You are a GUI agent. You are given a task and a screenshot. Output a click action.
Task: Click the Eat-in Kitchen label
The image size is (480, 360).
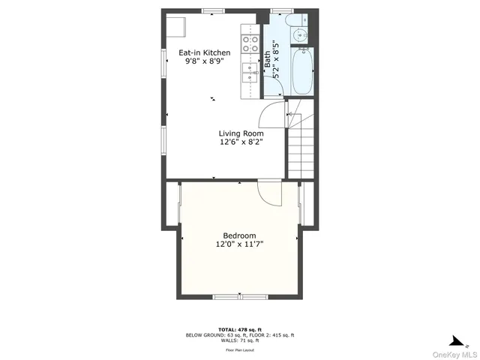(x=204, y=52)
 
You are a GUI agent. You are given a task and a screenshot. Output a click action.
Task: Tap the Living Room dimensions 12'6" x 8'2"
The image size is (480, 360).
(x=241, y=142)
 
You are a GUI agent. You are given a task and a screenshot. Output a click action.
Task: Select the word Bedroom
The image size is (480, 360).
(x=239, y=235)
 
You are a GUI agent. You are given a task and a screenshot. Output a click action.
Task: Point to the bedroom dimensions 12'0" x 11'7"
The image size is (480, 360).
(x=239, y=244)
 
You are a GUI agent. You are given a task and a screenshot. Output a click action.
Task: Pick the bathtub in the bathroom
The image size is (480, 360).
(x=303, y=72)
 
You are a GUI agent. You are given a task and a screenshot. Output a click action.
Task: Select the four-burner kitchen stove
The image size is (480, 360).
(x=250, y=43)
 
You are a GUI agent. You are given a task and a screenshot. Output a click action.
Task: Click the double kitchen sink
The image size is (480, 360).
(x=250, y=72)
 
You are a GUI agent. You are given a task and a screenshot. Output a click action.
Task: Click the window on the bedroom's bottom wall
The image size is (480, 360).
(x=240, y=298)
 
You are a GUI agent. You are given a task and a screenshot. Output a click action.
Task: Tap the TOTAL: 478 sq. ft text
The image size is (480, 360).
(x=240, y=329)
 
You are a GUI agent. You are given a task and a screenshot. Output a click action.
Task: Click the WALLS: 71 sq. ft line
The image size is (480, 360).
(x=240, y=340)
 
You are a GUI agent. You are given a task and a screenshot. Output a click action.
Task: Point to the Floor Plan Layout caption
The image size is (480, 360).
(x=240, y=349)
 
